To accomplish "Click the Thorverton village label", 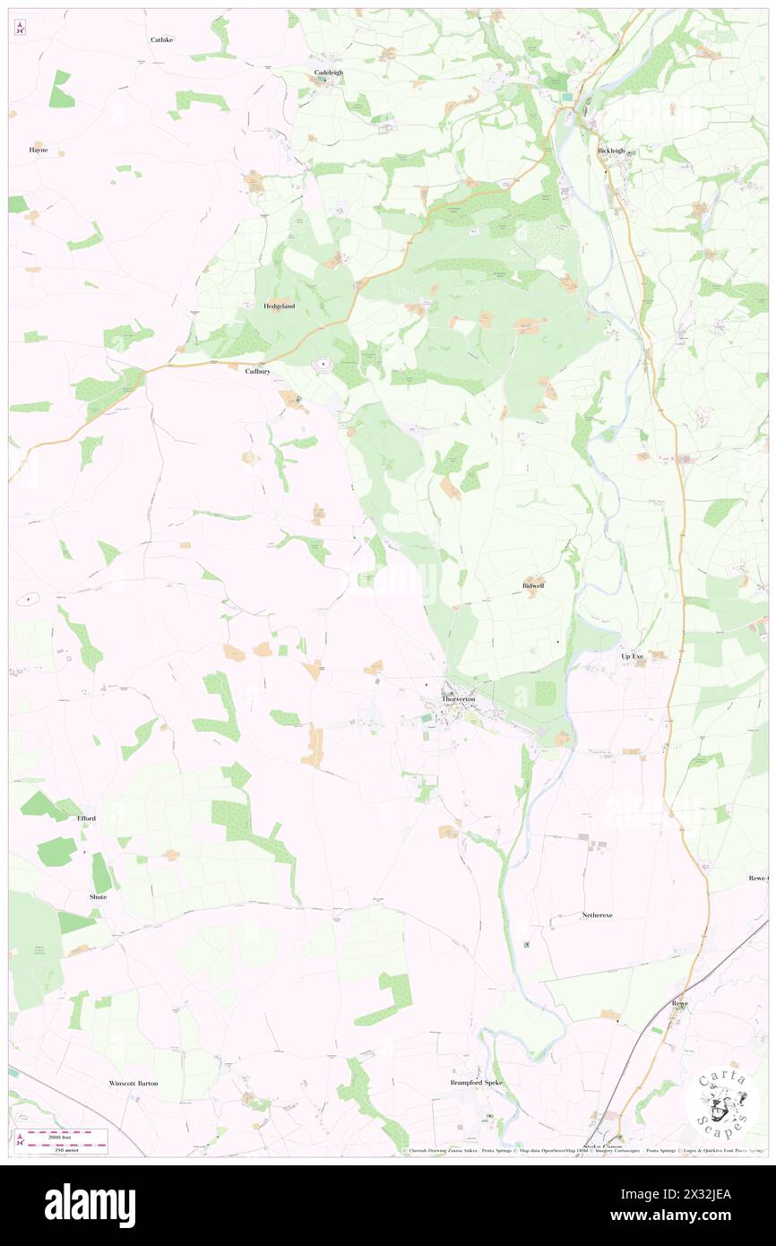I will (x=457, y=698).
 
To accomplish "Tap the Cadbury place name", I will (x=258, y=370).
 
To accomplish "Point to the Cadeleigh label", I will (x=329, y=72).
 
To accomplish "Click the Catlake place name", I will (x=162, y=39).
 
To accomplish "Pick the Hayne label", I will (x=38, y=151).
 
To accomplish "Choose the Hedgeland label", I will (x=279, y=306).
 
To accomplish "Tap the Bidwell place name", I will (x=533, y=585).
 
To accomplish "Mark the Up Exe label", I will (x=633, y=656).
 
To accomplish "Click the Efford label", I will (x=86, y=818).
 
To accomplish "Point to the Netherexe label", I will (x=597, y=914).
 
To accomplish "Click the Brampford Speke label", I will (x=479, y=1082).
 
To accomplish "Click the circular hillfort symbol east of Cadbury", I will (x=323, y=365).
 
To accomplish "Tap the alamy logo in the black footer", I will (x=90, y=1205).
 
